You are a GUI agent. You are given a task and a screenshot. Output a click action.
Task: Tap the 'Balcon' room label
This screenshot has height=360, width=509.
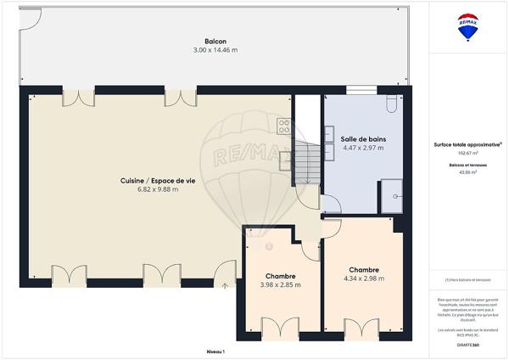(x=215, y=42)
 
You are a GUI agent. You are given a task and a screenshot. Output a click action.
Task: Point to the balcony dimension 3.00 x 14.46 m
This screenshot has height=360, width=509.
(x=215, y=50)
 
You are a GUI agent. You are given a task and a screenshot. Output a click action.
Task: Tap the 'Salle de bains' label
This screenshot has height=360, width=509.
(x=362, y=138)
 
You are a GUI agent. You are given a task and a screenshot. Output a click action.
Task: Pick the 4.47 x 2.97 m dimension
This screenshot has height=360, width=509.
(x=362, y=148)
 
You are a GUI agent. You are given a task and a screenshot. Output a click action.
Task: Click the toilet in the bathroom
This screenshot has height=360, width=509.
(x=389, y=103)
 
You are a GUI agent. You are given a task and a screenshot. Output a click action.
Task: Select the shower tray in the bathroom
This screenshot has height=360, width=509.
(x=392, y=195)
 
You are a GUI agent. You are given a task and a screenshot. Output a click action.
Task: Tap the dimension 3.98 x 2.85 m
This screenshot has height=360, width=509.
(x=280, y=285)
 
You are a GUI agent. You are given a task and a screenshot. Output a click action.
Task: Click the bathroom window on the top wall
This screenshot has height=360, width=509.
(x=360, y=89)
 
